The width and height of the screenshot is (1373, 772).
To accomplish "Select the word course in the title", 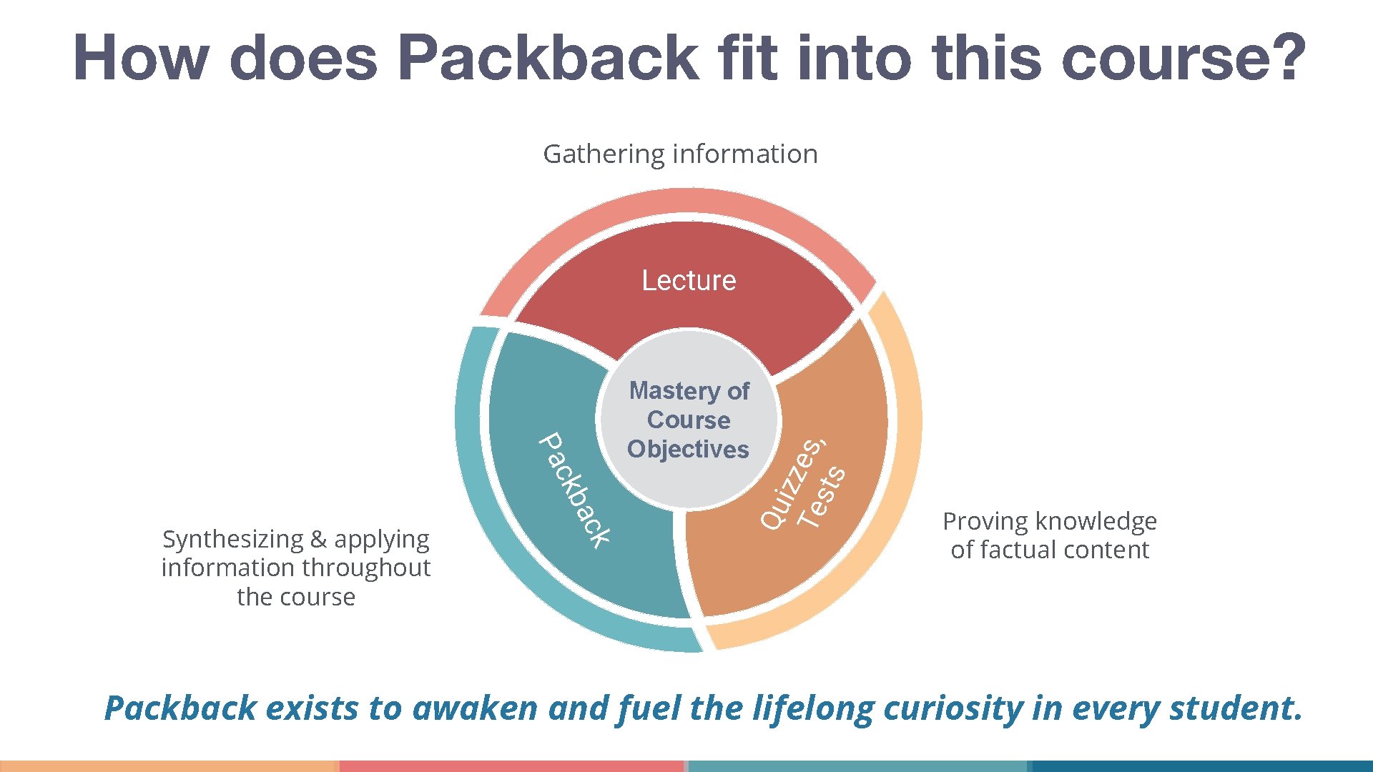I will (x=1166, y=59).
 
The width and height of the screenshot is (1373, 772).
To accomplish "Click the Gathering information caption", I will (x=680, y=154).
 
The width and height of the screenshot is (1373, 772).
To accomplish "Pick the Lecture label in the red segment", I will (x=689, y=280).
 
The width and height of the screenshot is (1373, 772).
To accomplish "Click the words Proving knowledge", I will (x=1049, y=522).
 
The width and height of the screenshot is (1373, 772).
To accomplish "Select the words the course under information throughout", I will (x=296, y=597).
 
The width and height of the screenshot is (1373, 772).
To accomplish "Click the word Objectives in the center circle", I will (x=688, y=450).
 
